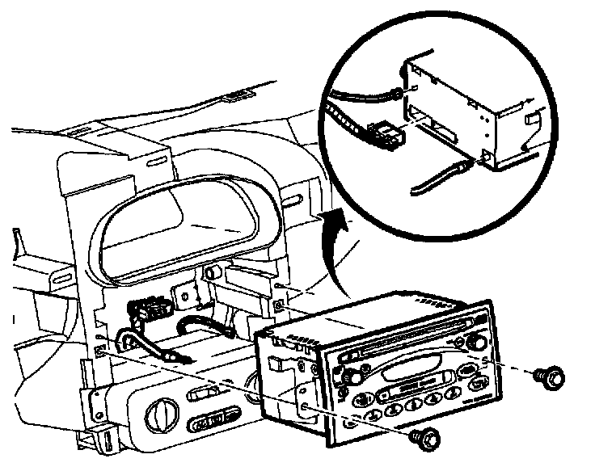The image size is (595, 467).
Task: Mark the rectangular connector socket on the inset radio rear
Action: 437,125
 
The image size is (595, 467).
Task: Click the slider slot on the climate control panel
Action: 204,395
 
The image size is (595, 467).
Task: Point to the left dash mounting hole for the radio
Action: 99,351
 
